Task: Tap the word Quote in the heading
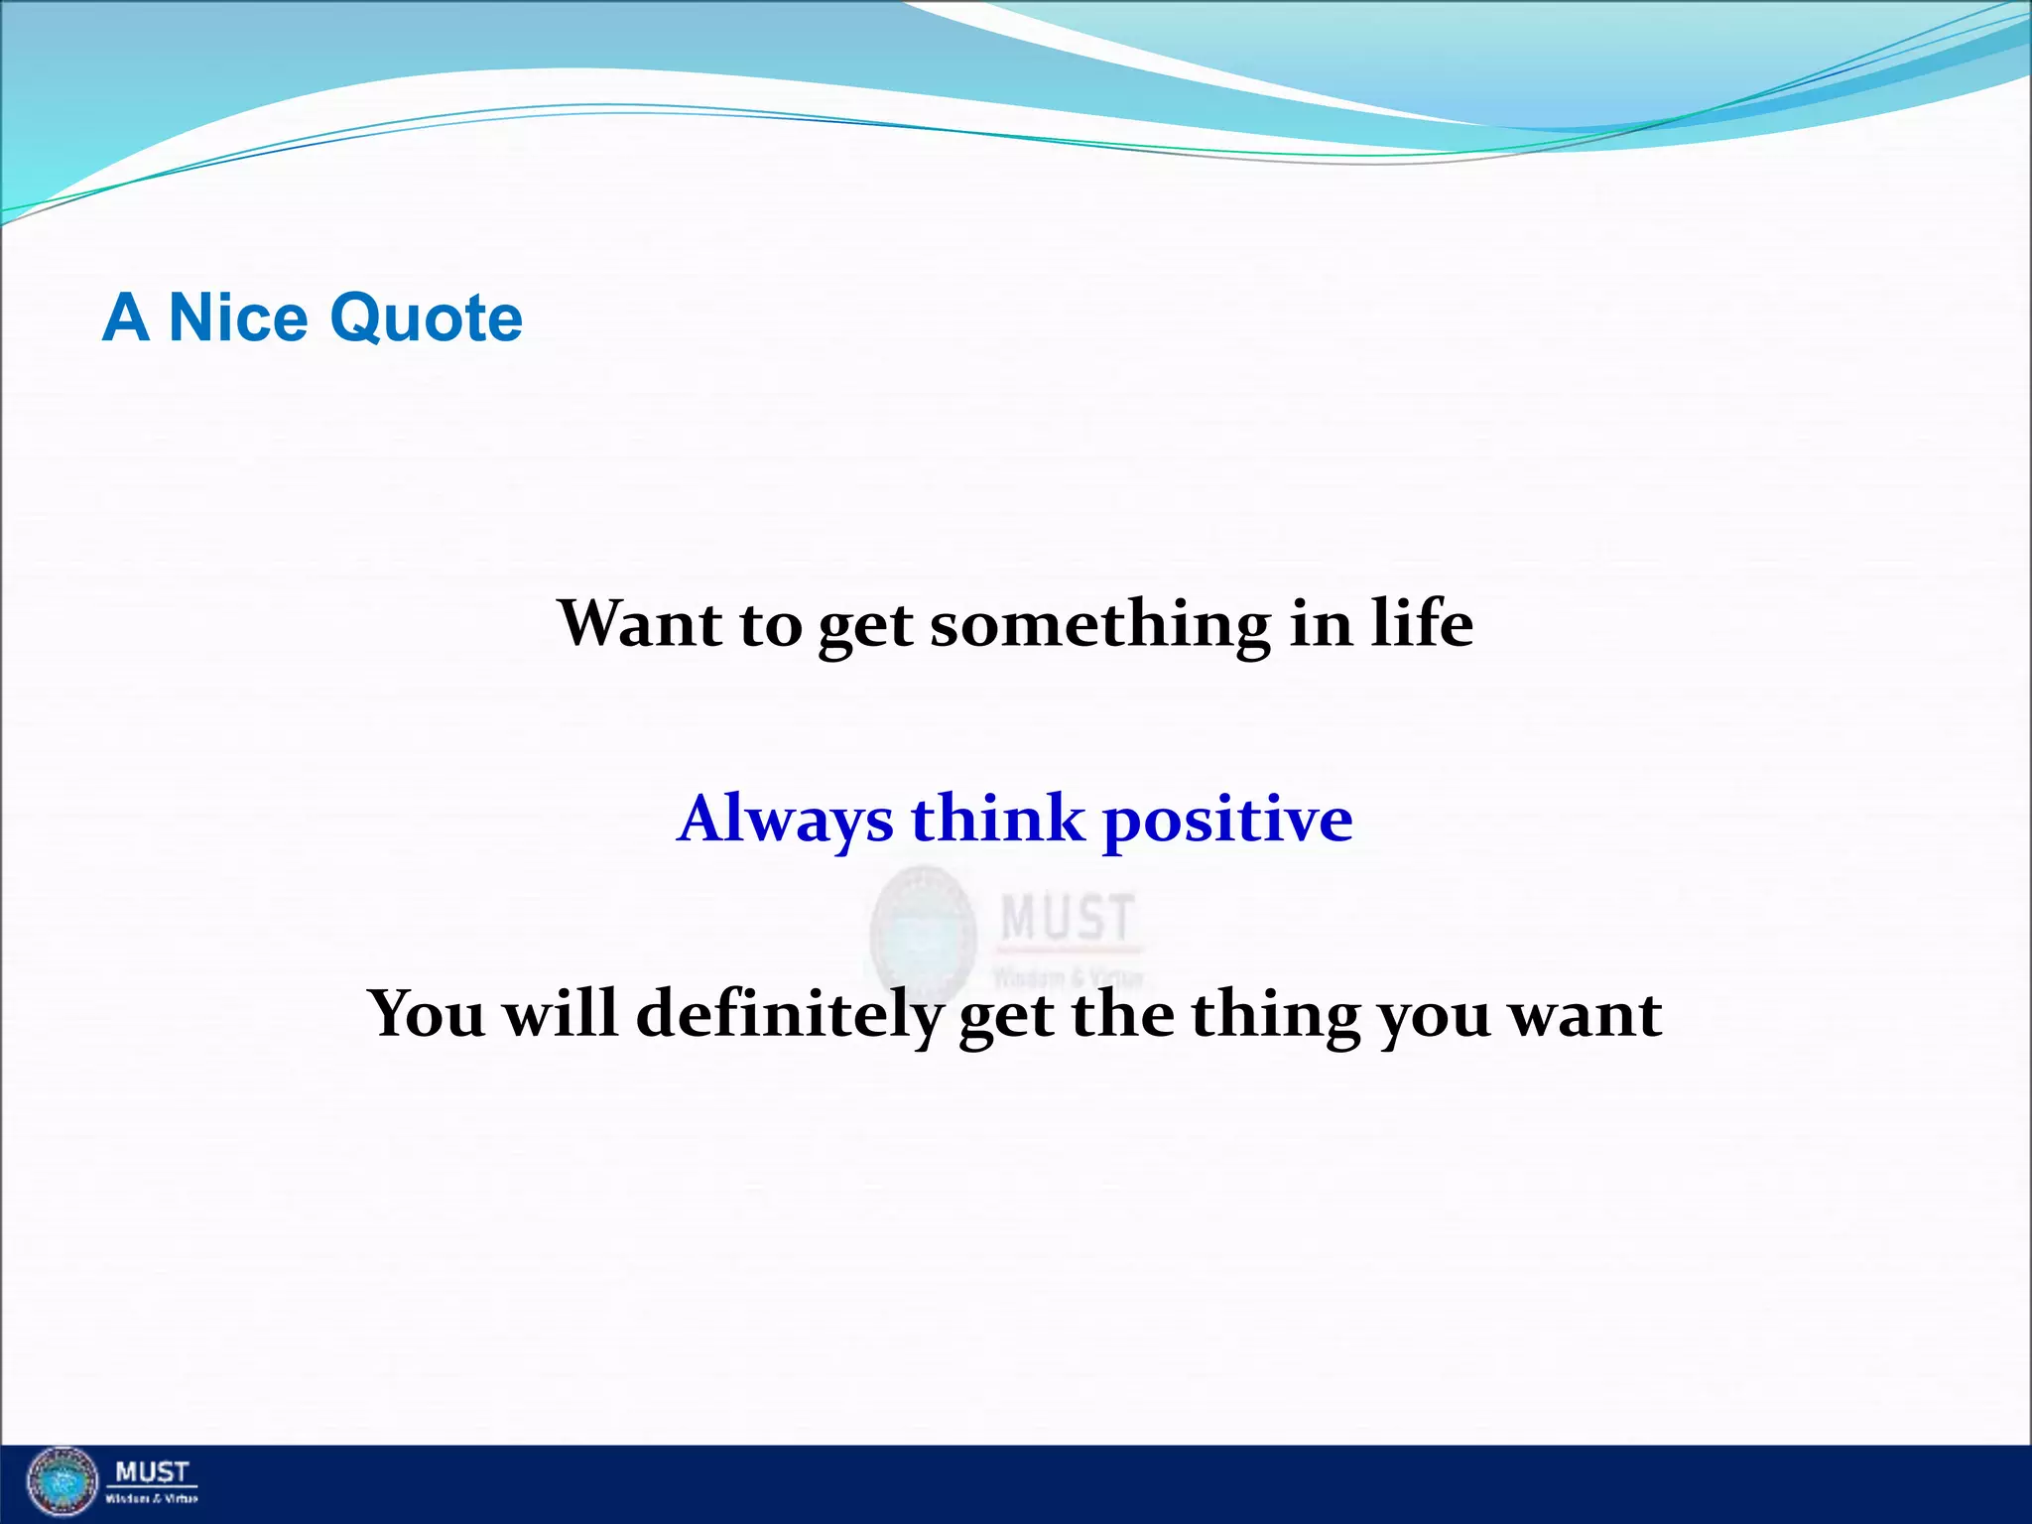coord(426,319)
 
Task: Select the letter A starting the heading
coord(125,318)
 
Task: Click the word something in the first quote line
coord(1099,625)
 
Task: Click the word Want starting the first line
coord(640,625)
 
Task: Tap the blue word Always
coord(785,821)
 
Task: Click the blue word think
coord(997,819)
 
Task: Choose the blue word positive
coord(1227,822)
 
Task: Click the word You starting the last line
coord(427,1014)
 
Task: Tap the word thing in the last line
coord(1275,1017)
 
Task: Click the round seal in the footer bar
coord(63,1484)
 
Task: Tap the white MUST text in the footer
coord(152,1472)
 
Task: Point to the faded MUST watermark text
coord(1067,917)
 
